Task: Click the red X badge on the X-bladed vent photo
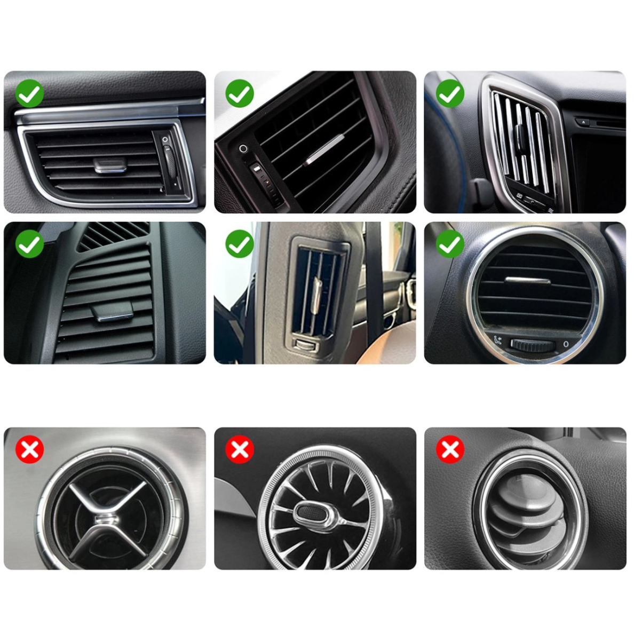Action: coord(30,450)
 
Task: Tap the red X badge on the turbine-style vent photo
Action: coord(240,450)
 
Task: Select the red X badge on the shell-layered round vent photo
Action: coord(450,450)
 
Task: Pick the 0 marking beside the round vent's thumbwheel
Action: coord(566,344)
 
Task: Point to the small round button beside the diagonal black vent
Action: coord(243,149)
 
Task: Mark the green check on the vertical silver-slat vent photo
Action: coord(450,94)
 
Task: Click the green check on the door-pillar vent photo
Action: coord(240,244)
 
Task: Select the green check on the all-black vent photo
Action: coord(30,244)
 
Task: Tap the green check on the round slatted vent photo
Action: coord(450,244)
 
